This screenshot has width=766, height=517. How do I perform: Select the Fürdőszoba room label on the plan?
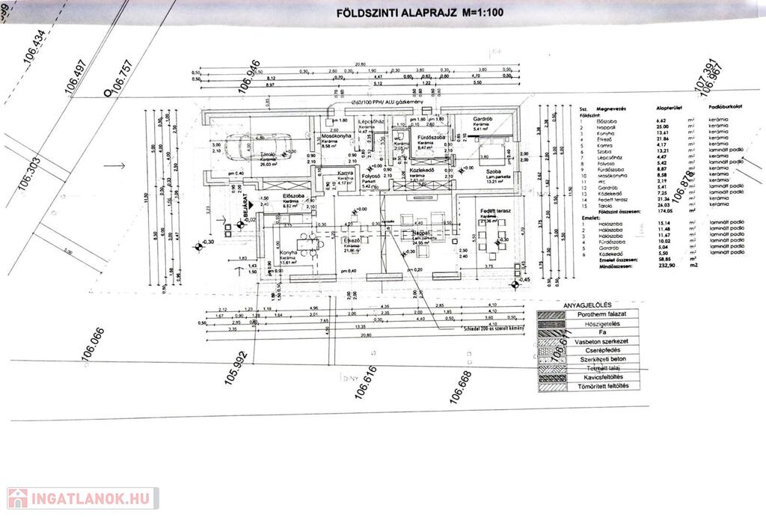(x=432, y=138)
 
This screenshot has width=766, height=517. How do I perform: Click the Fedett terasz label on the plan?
(x=495, y=212)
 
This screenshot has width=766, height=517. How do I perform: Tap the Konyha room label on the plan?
(x=289, y=254)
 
